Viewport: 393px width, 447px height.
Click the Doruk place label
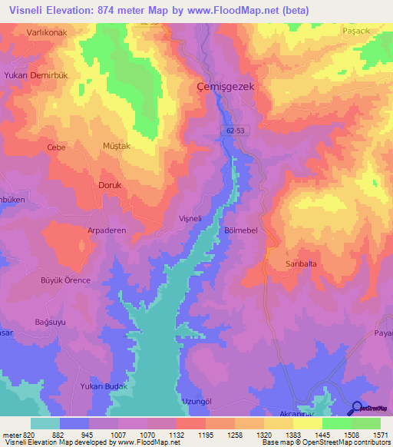pos(89,185)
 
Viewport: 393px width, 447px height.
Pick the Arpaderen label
pos(107,230)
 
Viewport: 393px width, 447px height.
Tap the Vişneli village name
pos(190,218)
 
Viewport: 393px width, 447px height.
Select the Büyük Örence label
pos(65,280)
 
